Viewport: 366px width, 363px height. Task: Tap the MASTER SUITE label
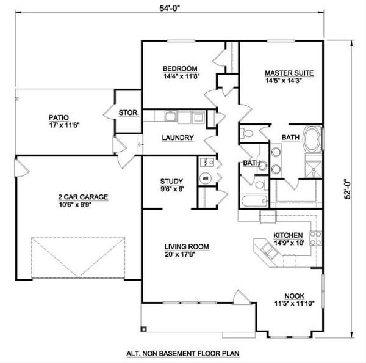click(290, 73)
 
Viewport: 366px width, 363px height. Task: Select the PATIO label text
click(59, 117)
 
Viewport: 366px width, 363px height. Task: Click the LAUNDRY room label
click(178, 137)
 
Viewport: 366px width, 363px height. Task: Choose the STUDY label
click(171, 181)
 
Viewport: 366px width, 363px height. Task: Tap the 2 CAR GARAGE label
click(83, 197)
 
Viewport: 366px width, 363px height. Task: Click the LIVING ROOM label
click(187, 246)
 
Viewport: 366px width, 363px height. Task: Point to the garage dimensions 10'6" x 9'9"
click(83, 205)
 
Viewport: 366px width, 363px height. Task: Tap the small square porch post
click(144, 329)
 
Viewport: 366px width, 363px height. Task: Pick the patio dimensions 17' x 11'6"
click(59, 125)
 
